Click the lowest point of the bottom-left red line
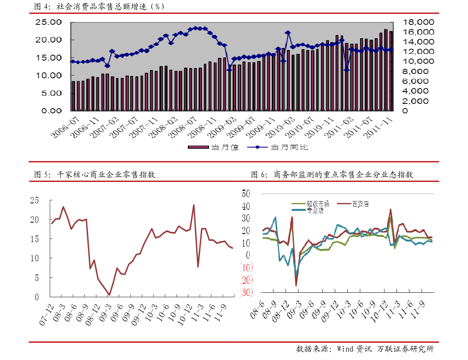[x=109, y=295]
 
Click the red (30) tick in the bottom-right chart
[x=246, y=292]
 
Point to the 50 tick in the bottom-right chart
[x=246, y=194]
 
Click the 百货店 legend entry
[x=361, y=204]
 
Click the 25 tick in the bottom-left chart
[x=35, y=200]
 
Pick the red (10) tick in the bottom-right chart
[x=246, y=268]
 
